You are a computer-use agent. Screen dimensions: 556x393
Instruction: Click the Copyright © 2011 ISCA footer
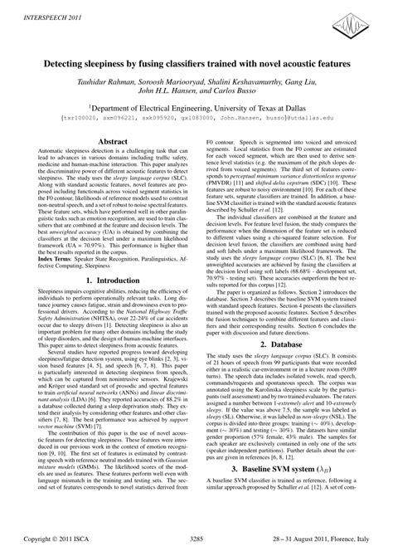tap(59, 538)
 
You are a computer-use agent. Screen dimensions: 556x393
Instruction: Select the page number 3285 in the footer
tap(196, 538)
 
